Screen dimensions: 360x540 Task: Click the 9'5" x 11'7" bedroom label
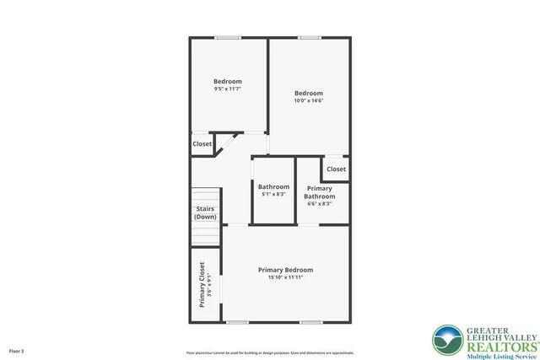[x=227, y=82]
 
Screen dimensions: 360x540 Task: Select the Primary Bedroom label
[x=285, y=270]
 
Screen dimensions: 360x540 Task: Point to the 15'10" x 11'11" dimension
[x=285, y=277]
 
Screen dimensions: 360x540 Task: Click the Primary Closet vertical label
[x=202, y=285]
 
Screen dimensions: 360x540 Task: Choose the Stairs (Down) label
[x=205, y=212]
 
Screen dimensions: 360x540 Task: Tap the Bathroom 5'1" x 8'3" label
[x=273, y=191]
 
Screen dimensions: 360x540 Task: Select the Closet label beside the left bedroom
[x=202, y=144]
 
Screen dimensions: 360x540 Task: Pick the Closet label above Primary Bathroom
[x=336, y=169]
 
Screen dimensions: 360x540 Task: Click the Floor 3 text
[x=17, y=350]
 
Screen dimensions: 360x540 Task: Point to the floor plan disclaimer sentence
[x=269, y=352]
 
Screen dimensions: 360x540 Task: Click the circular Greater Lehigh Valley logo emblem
[x=446, y=341]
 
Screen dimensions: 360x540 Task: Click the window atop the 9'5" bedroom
[x=227, y=37]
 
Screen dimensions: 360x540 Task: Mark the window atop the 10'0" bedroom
[x=309, y=37]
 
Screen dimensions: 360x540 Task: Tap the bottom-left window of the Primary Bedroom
[x=237, y=322]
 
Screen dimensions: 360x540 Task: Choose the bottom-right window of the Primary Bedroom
[x=311, y=322]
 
